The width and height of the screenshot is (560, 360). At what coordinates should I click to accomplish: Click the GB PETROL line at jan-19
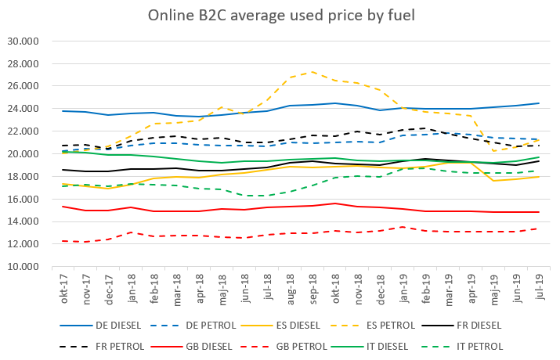402,227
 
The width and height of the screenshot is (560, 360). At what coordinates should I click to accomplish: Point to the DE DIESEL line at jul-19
537,103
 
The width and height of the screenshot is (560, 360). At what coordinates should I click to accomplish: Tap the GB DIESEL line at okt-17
63,207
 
